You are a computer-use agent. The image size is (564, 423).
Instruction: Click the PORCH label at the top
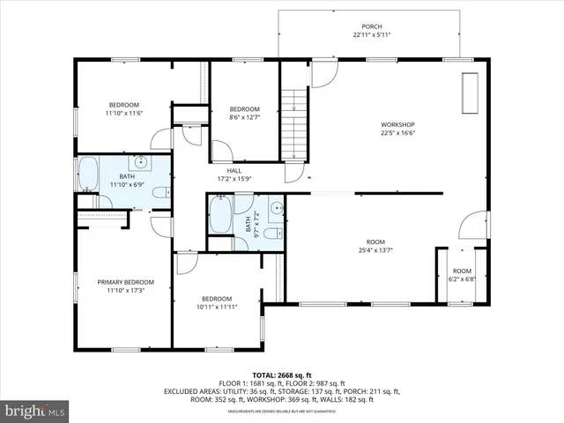(372, 26)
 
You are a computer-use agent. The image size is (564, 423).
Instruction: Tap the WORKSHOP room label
(397, 124)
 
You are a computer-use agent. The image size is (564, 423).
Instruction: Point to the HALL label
(234, 171)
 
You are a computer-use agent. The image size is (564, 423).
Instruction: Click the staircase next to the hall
(293, 123)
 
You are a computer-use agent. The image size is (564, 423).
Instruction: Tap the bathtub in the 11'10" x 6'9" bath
(88, 174)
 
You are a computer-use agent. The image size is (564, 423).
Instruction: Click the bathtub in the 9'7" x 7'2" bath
(219, 214)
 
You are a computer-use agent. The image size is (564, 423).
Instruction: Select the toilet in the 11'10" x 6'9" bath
(160, 193)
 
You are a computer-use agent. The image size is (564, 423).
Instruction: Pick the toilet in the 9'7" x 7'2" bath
(272, 234)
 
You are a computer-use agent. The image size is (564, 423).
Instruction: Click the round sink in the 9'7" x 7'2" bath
(276, 209)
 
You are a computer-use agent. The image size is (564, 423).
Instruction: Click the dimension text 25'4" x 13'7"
(375, 250)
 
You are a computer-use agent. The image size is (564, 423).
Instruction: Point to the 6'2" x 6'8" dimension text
(462, 279)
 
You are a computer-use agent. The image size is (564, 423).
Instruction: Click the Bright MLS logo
(34, 411)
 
